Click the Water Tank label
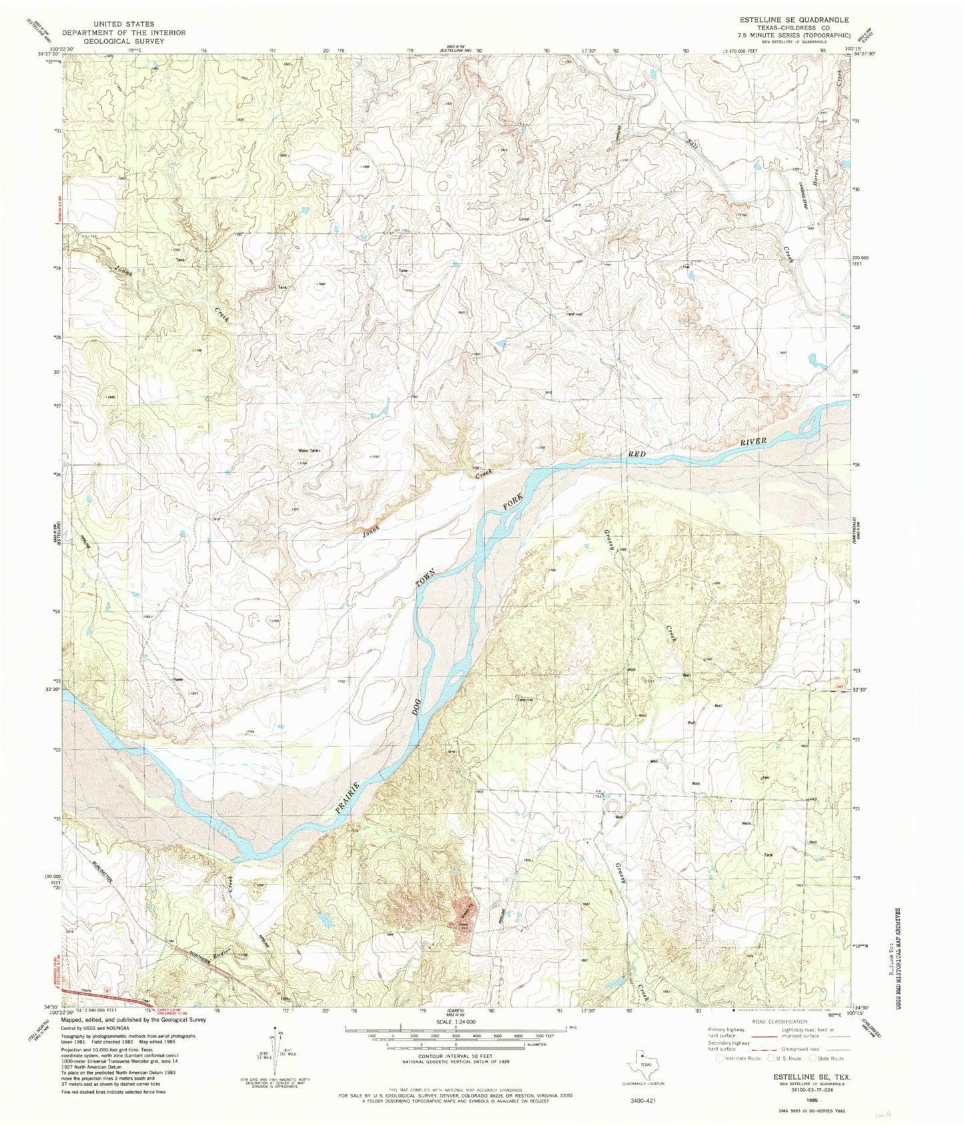[310, 451]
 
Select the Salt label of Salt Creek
[694, 143]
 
